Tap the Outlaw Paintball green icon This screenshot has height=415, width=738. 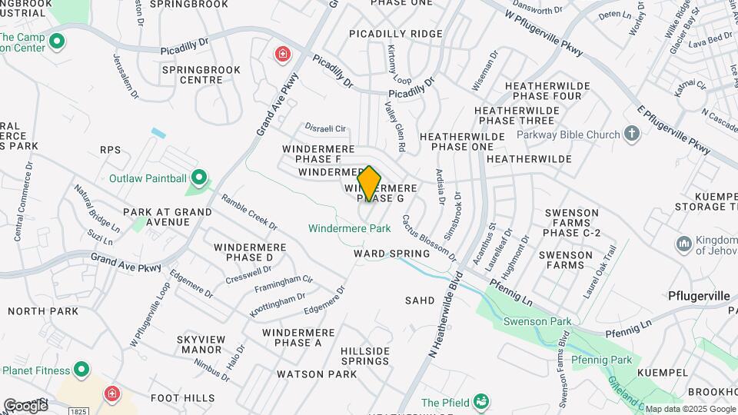tap(200, 179)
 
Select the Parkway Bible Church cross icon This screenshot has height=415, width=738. tap(632, 134)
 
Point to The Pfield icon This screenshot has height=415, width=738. tap(481, 402)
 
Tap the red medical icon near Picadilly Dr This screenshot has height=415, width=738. tap(283, 54)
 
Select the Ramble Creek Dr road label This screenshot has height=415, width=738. tap(249, 211)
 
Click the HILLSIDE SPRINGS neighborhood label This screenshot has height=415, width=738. tap(365, 356)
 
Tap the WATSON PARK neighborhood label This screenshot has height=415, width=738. tap(317, 374)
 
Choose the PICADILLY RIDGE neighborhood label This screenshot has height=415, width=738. tap(396, 34)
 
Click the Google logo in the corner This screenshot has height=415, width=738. tap(25, 405)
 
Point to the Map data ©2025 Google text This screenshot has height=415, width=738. tap(690, 409)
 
